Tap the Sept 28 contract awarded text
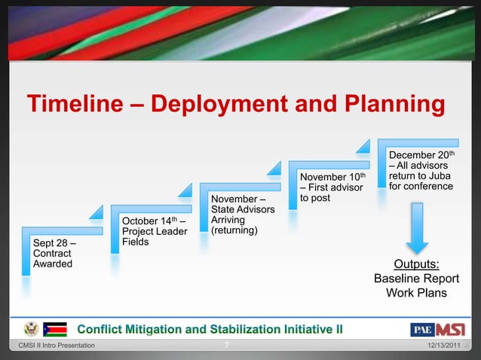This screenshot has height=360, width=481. tap(54, 253)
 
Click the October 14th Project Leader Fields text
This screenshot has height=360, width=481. tap(154, 231)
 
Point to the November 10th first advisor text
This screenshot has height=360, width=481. tap(332, 187)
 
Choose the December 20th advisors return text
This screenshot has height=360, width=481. tap(421, 170)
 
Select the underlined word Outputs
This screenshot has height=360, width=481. tap(417, 264)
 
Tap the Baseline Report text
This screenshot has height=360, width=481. tap(417, 279)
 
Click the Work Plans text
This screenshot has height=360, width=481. tap(417, 292)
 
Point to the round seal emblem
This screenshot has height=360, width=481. tap(31, 329)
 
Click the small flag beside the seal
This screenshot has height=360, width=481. tap(55, 329)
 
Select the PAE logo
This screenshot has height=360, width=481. tap(421, 329)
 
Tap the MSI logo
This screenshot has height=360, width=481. tap(449, 329)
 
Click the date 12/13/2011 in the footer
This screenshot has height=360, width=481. tap(446, 346)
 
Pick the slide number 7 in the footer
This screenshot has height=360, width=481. tap(227, 346)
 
